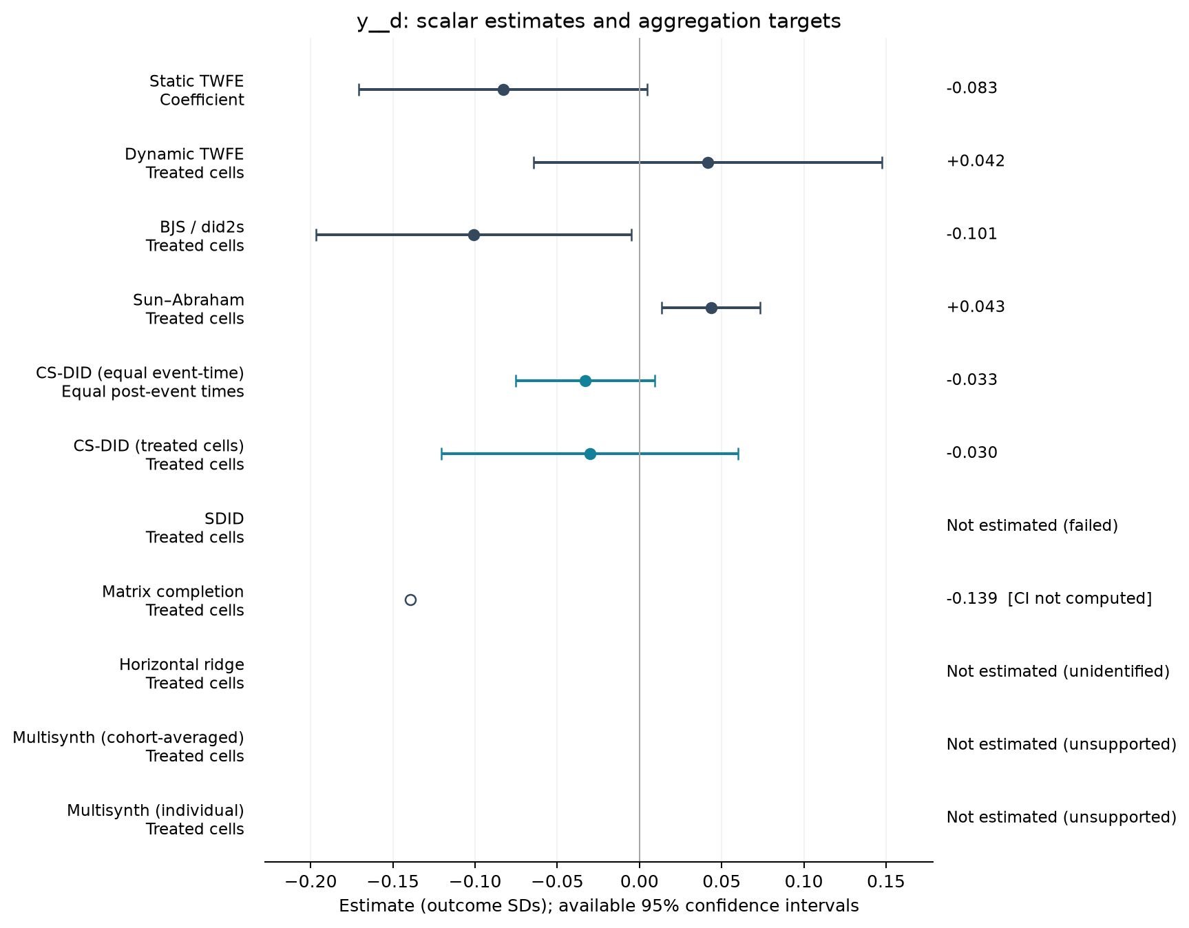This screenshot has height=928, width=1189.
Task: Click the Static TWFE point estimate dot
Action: [503, 89]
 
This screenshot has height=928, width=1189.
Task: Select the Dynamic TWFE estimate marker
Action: [708, 162]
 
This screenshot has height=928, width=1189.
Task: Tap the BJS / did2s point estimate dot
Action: [474, 235]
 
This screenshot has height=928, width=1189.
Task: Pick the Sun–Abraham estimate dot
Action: [711, 308]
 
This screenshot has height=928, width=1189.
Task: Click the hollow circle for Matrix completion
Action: [410, 600]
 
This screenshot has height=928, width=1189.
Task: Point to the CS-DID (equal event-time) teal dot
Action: [585, 381]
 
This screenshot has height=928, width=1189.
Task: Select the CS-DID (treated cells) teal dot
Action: [590, 454]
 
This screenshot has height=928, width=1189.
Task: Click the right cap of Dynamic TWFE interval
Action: [882, 162]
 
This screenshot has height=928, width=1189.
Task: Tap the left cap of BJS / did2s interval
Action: [316, 235]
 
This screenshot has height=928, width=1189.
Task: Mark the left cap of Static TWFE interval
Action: [359, 89]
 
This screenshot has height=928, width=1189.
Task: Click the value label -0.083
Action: [971, 88]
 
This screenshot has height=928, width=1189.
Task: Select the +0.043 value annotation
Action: [976, 307]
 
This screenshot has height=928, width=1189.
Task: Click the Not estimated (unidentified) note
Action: [1058, 672]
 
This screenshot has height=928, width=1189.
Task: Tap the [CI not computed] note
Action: [1080, 599]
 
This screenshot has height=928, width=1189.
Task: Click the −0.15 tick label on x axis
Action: [392, 882]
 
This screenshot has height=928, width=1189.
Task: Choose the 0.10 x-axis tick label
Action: [803, 882]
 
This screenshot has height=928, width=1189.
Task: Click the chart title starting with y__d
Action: [599, 21]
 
